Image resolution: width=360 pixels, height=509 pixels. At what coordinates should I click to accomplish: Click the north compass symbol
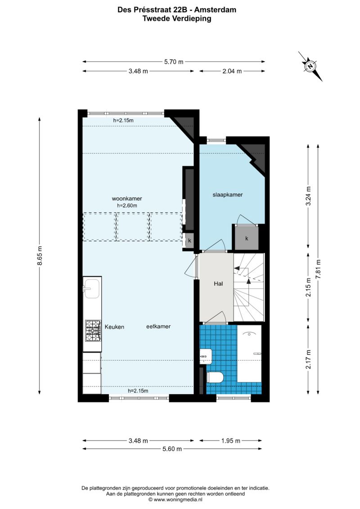click(310, 66)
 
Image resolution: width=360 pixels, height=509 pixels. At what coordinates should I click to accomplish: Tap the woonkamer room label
click(127, 198)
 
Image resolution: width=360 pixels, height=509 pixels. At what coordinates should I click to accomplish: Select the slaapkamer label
click(228, 195)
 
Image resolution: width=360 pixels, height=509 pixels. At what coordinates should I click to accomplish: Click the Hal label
click(218, 284)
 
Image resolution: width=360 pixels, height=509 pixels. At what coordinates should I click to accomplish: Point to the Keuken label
click(114, 327)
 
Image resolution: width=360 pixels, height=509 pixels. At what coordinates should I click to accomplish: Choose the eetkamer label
click(158, 327)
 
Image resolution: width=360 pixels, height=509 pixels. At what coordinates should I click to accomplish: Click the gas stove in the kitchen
click(93, 331)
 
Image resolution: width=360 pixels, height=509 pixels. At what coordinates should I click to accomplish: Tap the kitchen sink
click(91, 288)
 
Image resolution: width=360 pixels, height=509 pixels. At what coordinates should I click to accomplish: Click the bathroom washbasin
click(206, 356)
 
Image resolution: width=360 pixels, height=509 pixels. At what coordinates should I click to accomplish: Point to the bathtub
click(249, 354)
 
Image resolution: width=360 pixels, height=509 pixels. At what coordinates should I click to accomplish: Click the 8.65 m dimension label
click(40, 256)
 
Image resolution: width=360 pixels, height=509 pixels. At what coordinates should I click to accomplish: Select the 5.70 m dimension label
click(174, 62)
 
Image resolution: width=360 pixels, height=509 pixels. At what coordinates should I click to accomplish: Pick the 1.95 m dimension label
click(231, 441)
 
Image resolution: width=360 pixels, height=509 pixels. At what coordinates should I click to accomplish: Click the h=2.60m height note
click(127, 206)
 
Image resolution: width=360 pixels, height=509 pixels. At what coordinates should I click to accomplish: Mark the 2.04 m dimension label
click(232, 71)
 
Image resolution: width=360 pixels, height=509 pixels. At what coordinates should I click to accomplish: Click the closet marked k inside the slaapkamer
click(247, 238)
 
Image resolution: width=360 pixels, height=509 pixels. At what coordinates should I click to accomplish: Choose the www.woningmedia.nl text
click(175, 500)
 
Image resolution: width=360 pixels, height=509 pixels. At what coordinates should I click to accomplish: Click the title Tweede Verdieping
click(177, 18)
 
